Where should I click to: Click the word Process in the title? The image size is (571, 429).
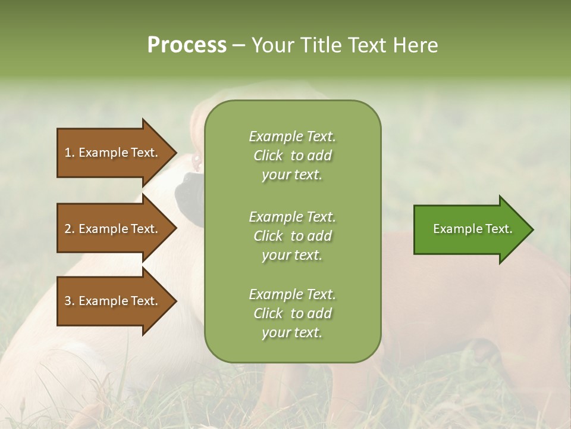pos(187,45)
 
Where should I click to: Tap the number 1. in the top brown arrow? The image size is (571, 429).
pos(70,153)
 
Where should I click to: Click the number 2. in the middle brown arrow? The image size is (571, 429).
pos(70,229)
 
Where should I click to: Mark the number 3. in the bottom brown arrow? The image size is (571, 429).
pos(70,301)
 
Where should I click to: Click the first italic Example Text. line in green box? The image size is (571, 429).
pos(292,136)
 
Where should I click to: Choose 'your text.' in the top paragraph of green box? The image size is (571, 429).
pos(292,175)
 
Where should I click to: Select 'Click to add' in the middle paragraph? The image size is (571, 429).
pos(292,236)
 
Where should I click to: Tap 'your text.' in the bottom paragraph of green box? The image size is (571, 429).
pos(292,333)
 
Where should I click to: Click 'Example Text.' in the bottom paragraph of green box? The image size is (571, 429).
pos(292,294)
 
